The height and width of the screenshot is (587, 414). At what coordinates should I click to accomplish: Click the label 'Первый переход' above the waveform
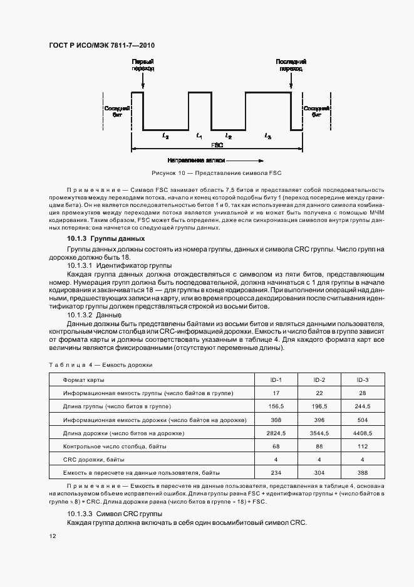143,65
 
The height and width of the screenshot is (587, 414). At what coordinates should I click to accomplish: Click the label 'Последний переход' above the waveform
291,65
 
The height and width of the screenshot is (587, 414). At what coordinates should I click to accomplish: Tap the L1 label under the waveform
199,135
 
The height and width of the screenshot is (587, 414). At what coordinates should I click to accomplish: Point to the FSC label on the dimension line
217,145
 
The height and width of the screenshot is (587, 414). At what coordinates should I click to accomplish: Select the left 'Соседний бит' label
116,112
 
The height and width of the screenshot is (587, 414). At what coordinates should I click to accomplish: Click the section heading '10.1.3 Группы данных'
106,239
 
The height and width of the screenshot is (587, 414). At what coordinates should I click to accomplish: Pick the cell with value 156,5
276,406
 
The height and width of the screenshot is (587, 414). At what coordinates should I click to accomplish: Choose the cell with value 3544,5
319,433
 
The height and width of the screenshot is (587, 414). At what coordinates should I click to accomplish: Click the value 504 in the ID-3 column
362,420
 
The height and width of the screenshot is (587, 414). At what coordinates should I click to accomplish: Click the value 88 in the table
319,446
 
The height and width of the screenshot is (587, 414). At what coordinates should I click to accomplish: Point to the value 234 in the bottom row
276,472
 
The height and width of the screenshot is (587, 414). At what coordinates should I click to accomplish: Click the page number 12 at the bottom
53,537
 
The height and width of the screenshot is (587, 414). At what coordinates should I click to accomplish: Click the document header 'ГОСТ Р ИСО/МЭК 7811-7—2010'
102,46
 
